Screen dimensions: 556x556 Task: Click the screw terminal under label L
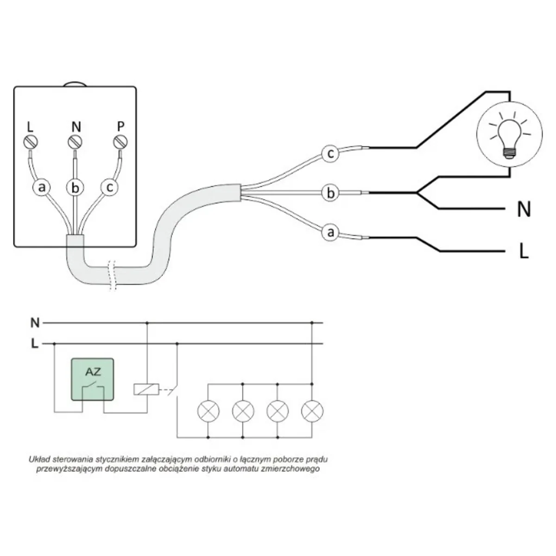(x=31, y=141)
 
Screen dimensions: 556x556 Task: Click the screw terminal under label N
(x=75, y=141)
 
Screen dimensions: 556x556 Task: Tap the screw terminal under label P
(x=120, y=141)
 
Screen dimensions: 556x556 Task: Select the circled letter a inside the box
(x=42, y=188)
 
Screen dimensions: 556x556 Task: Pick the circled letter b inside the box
(x=75, y=188)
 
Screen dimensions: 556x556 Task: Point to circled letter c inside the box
(x=109, y=188)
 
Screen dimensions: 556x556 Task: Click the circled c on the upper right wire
(x=330, y=154)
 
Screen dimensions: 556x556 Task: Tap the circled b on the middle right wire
(x=330, y=193)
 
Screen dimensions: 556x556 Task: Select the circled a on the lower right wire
(x=330, y=232)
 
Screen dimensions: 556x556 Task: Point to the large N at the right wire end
(x=524, y=210)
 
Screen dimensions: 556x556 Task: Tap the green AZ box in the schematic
(x=92, y=379)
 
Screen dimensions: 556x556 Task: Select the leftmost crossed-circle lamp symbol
(x=208, y=411)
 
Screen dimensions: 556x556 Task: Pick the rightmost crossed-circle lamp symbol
(x=312, y=411)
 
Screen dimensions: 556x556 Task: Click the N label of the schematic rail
(x=35, y=322)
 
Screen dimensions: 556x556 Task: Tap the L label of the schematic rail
(x=35, y=344)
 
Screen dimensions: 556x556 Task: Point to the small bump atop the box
(x=75, y=84)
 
